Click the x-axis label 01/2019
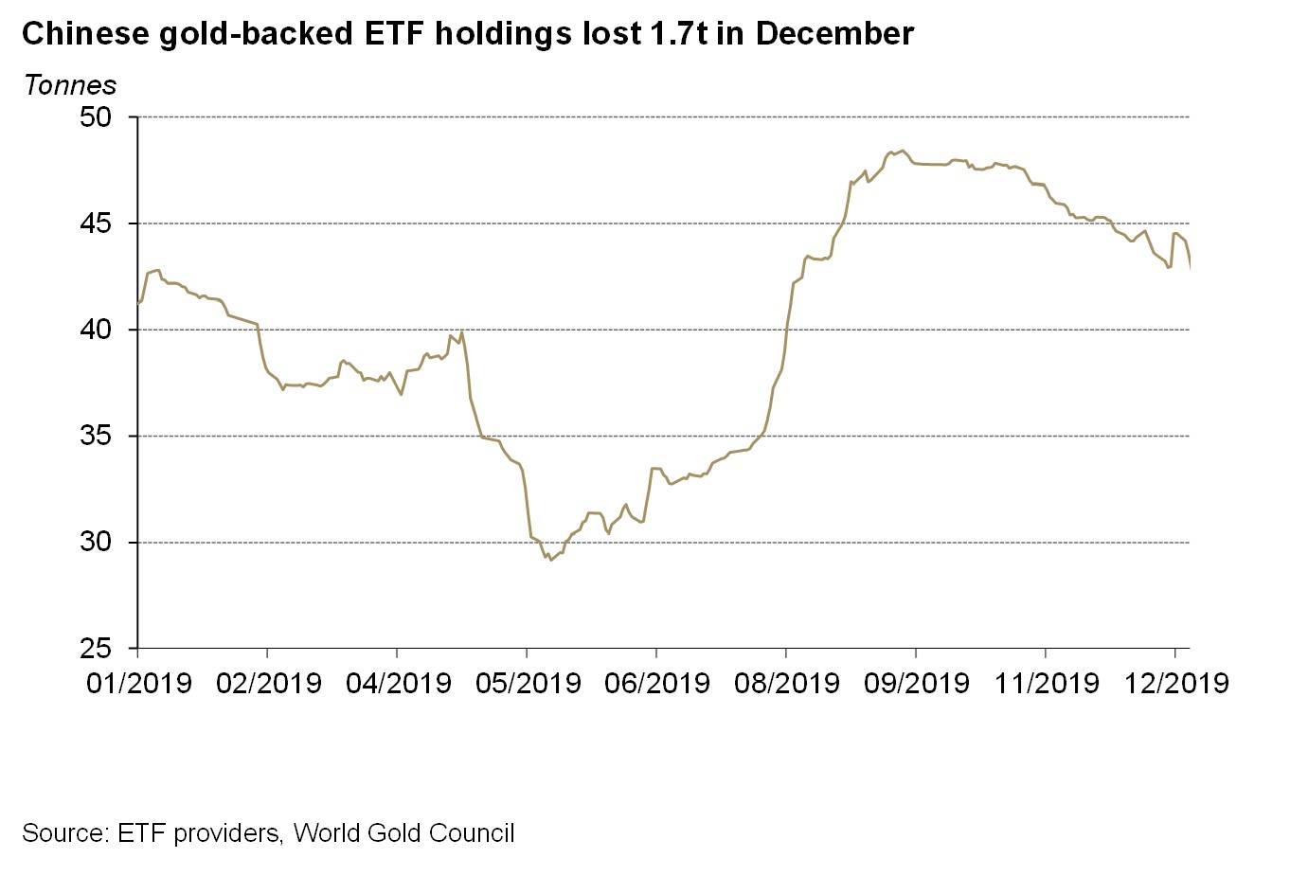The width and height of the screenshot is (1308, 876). [x=139, y=683]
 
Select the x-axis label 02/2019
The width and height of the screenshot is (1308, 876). [x=269, y=683]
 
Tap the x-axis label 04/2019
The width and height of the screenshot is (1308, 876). [x=399, y=683]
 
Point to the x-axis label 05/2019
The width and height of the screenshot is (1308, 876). [x=529, y=683]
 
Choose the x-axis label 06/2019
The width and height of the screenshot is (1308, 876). [x=657, y=683]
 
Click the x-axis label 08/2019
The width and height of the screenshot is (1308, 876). [x=787, y=683]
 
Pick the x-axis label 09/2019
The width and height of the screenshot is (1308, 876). [x=917, y=683]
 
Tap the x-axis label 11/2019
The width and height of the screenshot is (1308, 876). [x=1047, y=683]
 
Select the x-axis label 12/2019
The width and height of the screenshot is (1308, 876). [x=1176, y=683]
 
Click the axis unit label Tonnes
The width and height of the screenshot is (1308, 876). [x=70, y=85]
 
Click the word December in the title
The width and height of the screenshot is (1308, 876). [x=834, y=34]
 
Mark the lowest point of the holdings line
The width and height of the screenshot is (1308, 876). [x=551, y=560]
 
